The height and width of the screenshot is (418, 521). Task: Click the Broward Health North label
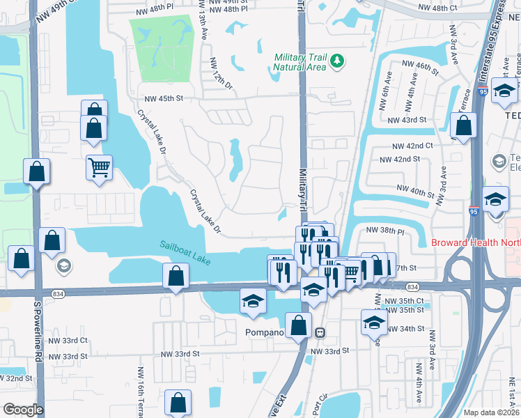pos(475,243)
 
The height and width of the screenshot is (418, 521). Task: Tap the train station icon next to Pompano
pos(320,332)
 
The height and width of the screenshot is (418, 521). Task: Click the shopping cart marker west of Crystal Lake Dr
pos(99,167)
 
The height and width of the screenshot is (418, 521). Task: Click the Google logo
pos(22,410)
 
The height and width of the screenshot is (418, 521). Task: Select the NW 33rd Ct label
pos(68,341)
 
